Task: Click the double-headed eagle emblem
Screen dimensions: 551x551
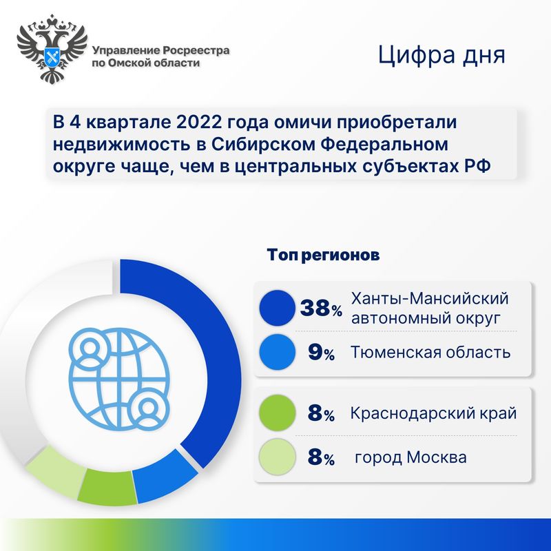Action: point(52,48)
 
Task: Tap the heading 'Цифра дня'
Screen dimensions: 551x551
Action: point(441,56)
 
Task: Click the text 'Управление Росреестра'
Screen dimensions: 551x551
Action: point(161,51)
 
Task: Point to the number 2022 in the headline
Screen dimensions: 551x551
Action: point(199,122)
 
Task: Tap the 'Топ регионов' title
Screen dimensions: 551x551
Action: point(323,254)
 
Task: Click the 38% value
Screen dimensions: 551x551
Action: point(321,308)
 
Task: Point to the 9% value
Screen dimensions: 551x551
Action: point(321,353)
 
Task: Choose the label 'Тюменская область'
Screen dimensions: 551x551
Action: point(430,352)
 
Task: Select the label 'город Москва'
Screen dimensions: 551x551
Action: point(410,457)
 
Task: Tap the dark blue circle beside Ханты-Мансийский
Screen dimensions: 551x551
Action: point(278,308)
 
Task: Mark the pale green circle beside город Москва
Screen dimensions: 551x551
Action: point(278,457)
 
